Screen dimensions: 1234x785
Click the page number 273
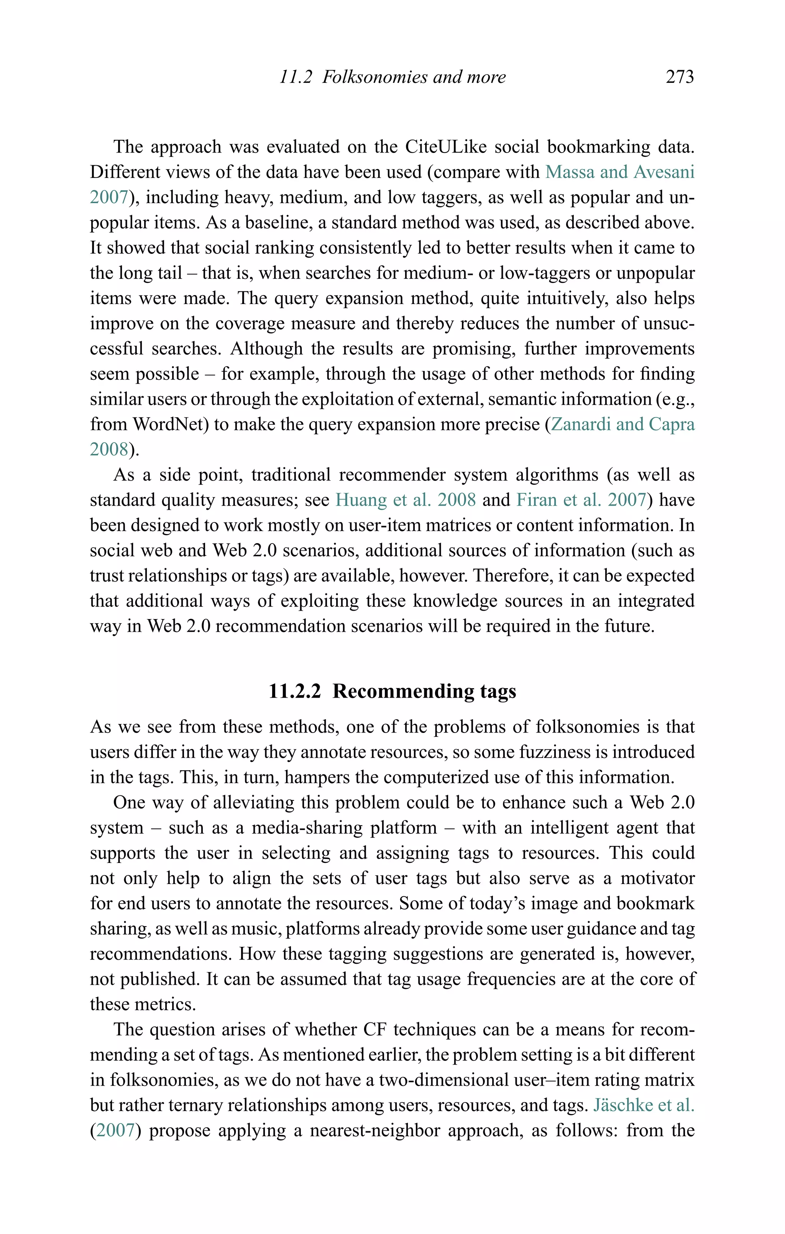680,77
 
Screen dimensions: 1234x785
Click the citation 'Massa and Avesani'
619,172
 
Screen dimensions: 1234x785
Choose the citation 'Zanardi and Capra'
622,424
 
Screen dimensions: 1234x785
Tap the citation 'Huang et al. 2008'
405,500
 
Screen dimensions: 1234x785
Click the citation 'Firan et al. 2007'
581,500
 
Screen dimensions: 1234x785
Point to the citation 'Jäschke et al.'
644,1105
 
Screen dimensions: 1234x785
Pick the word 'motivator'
657,878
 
